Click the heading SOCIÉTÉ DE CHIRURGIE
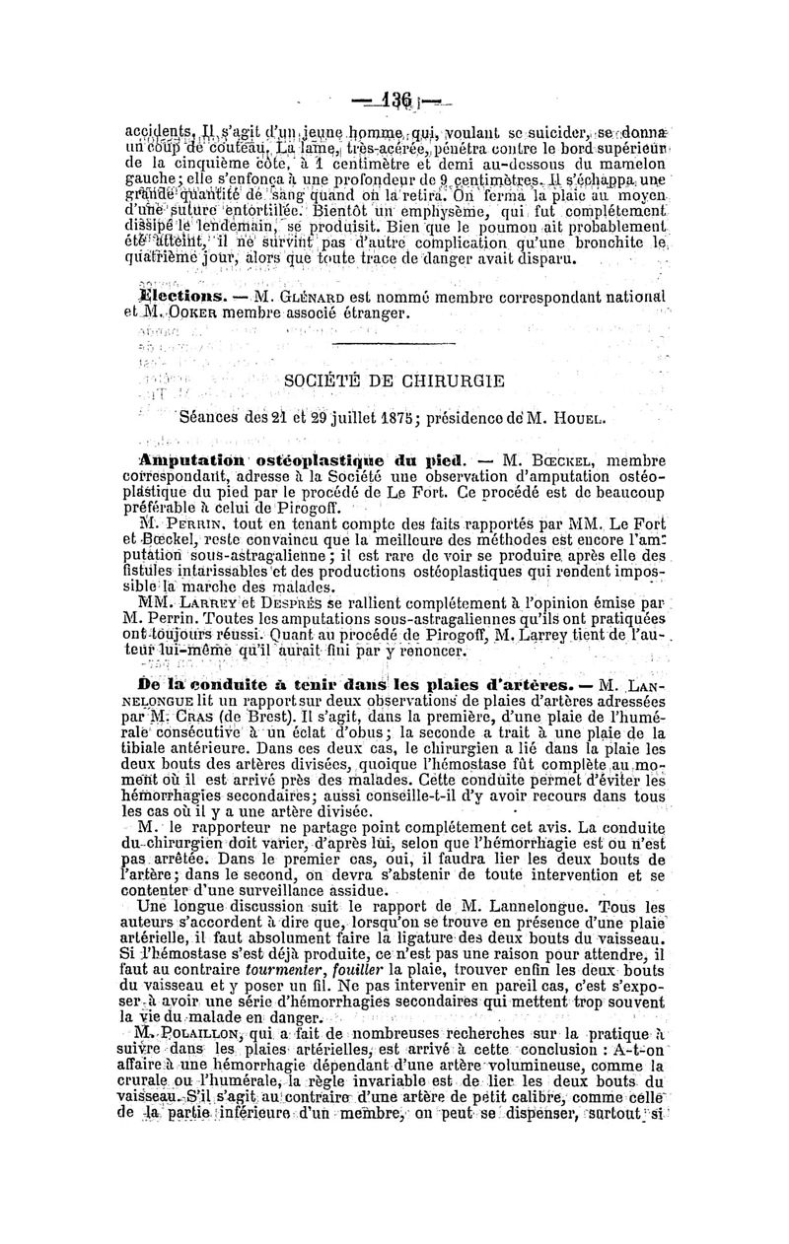[x=394, y=380]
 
